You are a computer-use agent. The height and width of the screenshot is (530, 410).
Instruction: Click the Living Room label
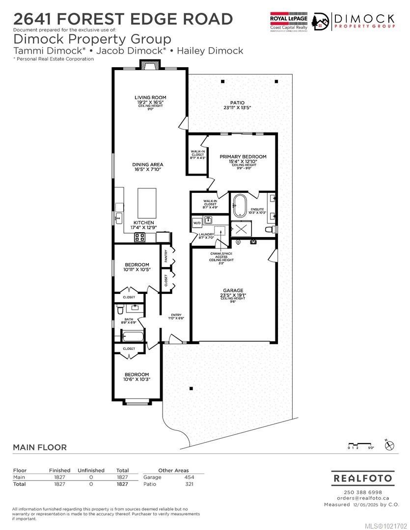(150, 98)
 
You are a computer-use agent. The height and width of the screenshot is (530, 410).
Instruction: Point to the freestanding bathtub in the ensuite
(240, 205)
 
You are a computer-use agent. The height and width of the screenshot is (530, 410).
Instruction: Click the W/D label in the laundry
(197, 223)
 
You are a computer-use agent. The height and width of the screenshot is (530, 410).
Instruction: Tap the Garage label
(233, 291)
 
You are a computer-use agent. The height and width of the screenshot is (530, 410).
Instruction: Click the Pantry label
(166, 256)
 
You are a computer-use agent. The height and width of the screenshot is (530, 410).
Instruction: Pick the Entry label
(176, 315)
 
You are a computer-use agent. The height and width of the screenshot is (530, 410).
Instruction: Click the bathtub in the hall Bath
(133, 337)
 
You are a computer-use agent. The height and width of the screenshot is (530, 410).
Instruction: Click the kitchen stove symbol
(139, 238)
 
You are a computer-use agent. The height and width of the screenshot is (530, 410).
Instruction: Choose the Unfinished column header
(91, 470)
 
